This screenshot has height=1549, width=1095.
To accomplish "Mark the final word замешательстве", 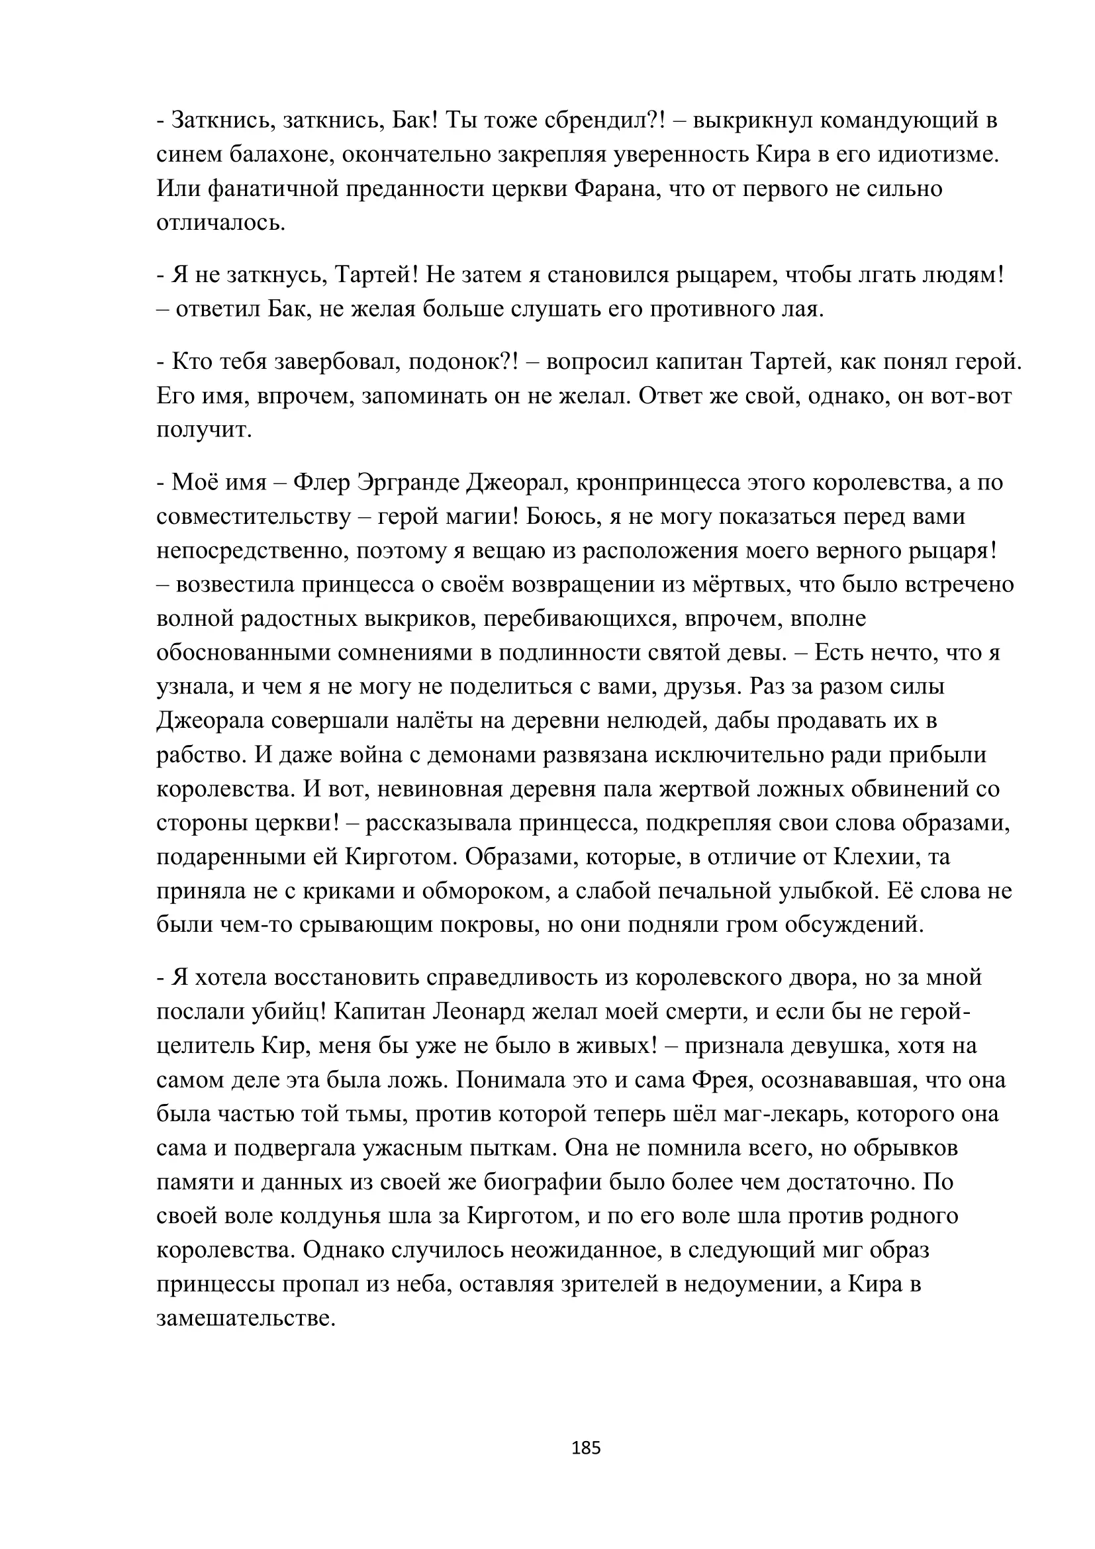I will point(246,1319).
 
